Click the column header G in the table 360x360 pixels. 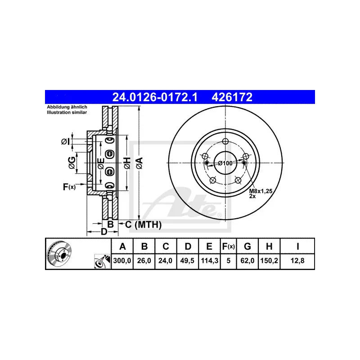pos(247,246)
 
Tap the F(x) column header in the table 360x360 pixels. pos(228,246)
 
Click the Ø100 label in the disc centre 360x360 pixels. pos(225,163)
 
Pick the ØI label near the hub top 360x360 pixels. pos(65,142)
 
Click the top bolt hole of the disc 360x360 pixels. pos(226,141)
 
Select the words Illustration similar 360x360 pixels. pos(67,112)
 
